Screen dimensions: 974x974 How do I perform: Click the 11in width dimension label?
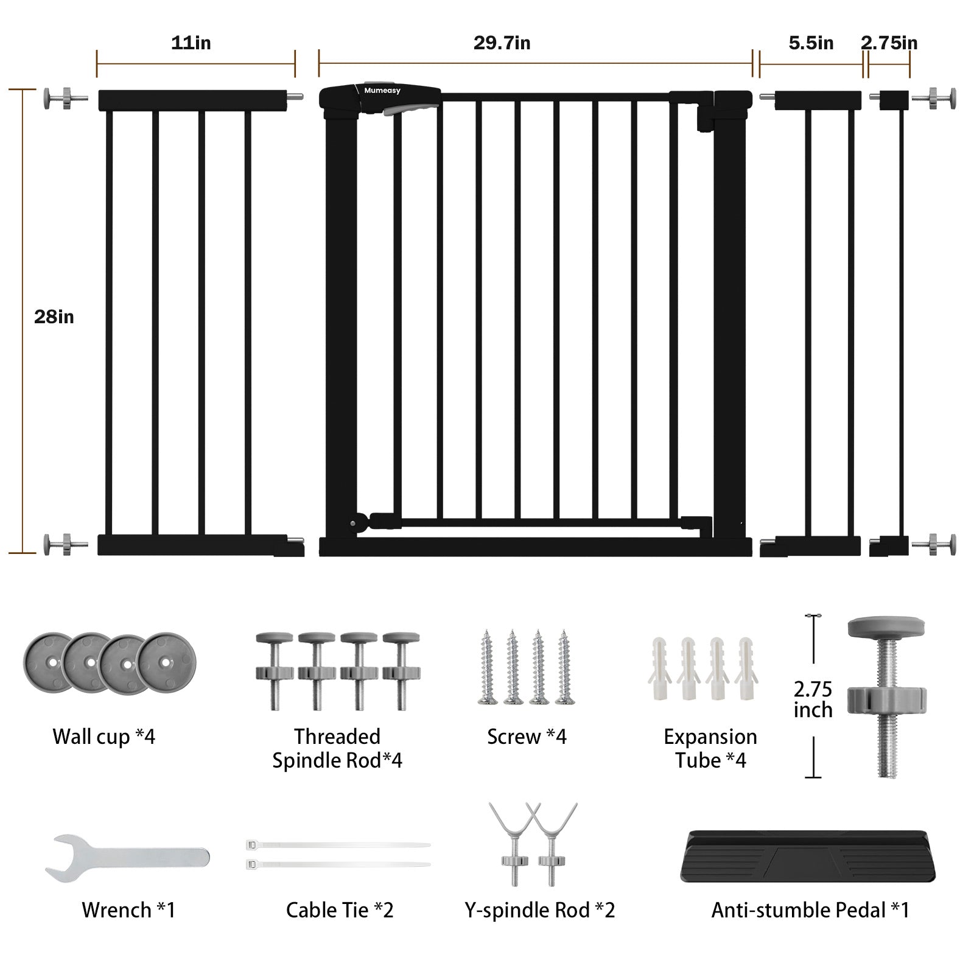point(191,43)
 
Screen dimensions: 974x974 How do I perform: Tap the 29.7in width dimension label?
point(502,43)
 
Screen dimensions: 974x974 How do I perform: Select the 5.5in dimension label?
point(811,43)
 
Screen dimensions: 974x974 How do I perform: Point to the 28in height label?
point(54,317)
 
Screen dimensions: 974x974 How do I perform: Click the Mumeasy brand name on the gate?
point(382,91)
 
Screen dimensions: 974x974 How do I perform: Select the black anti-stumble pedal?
point(807,856)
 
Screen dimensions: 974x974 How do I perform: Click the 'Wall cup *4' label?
point(103,737)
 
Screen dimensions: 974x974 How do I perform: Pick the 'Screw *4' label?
point(527,737)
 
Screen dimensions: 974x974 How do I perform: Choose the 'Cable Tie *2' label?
point(340,910)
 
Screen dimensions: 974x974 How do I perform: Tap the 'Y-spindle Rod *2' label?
point(539,910)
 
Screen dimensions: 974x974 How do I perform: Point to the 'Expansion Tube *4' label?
point(710,748)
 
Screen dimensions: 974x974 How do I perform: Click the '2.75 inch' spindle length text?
point(813,699)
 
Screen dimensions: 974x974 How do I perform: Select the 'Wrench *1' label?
point(128,910)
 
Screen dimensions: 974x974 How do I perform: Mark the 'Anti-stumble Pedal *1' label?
point(810,910)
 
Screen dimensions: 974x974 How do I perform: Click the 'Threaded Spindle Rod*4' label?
point(337,748)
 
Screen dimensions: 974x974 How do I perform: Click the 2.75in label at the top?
point(889,43)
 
